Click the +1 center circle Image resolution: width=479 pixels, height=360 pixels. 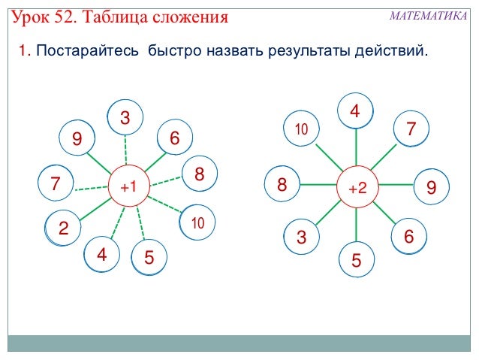128,186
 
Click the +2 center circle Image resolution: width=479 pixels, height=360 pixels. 357,186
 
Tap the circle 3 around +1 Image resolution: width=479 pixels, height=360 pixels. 125,118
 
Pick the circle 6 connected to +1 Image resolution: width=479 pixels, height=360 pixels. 175,138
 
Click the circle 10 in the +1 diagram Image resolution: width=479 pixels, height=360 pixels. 198,222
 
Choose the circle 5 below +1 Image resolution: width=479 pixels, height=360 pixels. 149,258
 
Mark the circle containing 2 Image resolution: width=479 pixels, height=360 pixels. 63,228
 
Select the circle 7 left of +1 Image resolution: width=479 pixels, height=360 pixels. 55,183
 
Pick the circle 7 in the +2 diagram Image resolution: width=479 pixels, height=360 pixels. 411,129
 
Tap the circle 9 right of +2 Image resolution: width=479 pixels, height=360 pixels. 431,186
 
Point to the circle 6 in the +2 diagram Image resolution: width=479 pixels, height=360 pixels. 409,236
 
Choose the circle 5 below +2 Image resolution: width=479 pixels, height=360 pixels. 356,260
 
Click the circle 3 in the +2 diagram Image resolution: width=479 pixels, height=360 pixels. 302,237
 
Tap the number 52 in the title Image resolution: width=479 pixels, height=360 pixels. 82,16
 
